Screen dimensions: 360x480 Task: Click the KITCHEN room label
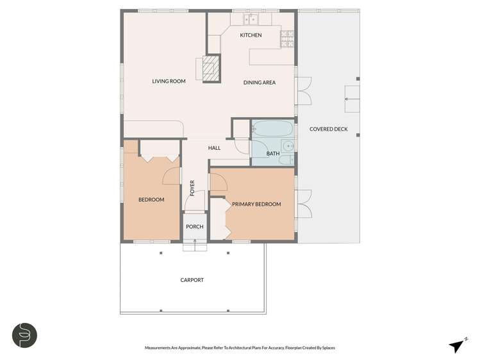(x=251, y=35)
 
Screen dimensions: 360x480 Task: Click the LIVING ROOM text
(x=169, y=81)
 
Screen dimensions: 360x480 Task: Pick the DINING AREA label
(x=260, y=82)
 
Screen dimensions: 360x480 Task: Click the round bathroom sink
(x=289, y=158)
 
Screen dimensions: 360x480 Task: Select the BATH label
(x=273, y=154)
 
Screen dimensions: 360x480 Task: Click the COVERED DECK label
(x=328, y=129)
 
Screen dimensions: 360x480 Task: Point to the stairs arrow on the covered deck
(x=351, y=99)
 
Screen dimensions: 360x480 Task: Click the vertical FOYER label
(x=192, y=188)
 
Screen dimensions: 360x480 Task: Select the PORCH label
(x=194, y=227)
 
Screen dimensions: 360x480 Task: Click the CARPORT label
(x=192, y=280)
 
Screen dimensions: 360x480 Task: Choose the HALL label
(x=214, y=148)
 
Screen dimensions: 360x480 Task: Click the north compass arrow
(x=457, y=345)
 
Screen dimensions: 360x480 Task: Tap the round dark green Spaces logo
(x=24, y=335)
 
